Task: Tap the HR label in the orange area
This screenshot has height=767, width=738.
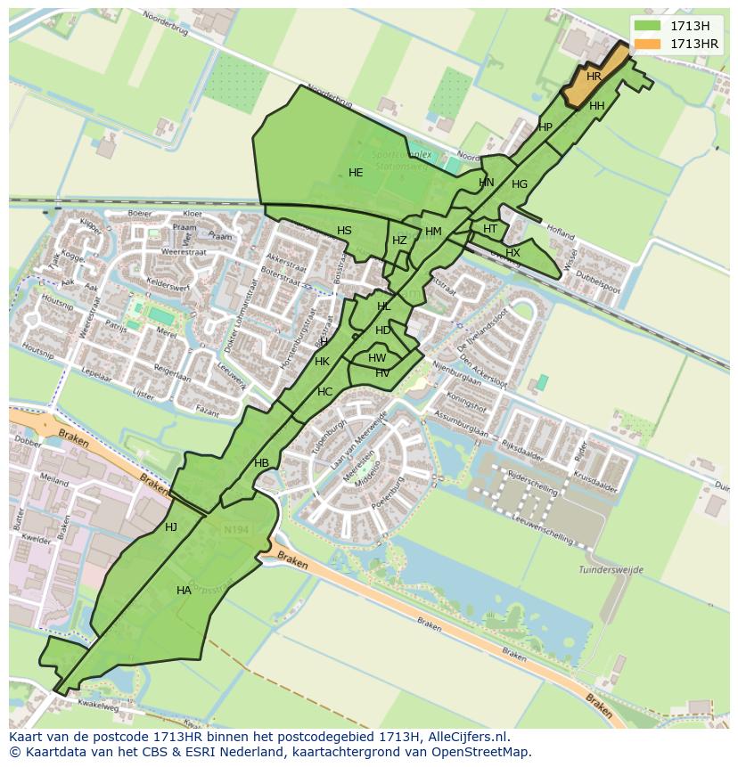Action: [594, 77]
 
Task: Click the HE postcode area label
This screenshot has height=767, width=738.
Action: [356, 173]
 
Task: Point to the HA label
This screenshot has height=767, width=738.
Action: [184, 591]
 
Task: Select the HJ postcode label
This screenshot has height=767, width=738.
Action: [171, 527]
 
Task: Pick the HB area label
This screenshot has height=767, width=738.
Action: [261, 463]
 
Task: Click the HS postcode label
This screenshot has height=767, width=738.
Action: [344, 231]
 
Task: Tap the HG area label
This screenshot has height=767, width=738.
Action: [520, 184]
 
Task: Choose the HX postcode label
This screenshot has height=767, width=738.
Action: [512, 253]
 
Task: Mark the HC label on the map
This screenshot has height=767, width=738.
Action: [324, 392]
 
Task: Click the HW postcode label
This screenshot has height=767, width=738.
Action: [377, 358]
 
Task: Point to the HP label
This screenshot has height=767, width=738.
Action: [545, 127]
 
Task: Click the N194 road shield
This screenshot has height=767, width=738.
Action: [236, 530]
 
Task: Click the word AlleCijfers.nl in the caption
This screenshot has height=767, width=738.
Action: [464, 737]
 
